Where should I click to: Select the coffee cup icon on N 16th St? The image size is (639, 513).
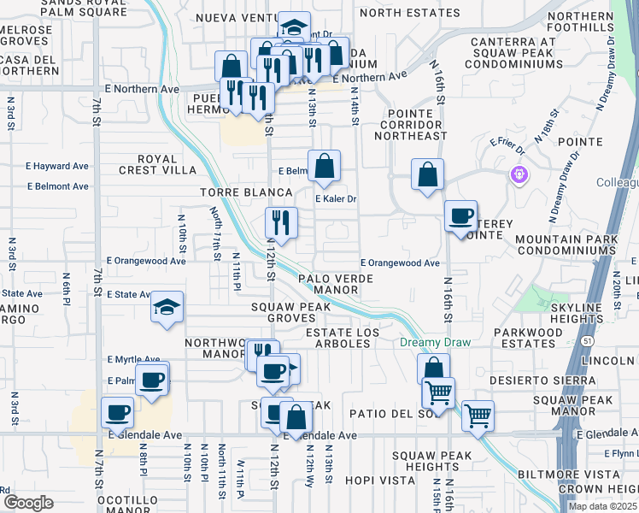tap(461, 216)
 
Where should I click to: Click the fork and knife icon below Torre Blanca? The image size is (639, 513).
tap(280, 222)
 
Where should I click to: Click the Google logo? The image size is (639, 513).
tap(27, 502)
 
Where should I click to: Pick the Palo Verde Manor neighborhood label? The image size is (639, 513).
tap(340, 284)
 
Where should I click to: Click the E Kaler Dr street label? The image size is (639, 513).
tap(336, 199)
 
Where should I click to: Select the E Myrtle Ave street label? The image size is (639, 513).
tap(133, 360)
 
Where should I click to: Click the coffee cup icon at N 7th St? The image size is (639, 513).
tap(118, 412)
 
